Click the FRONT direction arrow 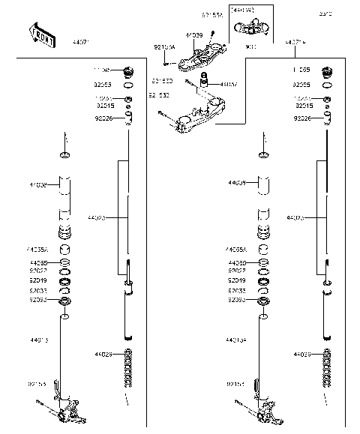point(40,33)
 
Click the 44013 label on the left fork point(40,340)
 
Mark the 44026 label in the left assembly point(104,354)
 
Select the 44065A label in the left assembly point(39,249)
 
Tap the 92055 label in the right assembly point(304,85)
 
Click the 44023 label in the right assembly point(295,218)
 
